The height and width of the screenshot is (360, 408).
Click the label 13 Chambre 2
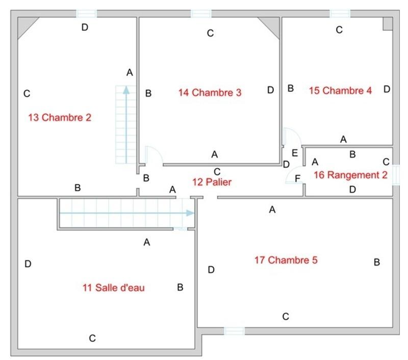pyautogui.click(x=60, y=118)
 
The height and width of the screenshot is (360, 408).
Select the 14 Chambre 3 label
pyautogui.click(x=210, y=92)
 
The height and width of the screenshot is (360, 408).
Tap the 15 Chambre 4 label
pyautogui.click(x=340, y=90)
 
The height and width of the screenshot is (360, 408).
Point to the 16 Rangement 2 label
pyautogui.click(x=350, y=175)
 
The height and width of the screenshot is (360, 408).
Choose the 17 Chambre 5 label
pyautogui.click(x=286, y=260)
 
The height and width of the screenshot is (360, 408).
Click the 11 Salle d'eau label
pyautogui.click(x=114, y=288)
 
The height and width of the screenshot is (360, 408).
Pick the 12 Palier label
pyautogui.click(x=212, y=182)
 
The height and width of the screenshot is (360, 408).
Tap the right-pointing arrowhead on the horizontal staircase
pyautogui.click(x=191, y=213)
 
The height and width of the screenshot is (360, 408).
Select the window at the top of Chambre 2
pyautogui.click(x=86, y=14)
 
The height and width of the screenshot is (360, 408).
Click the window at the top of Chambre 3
pyautogui.click(x=201, y=14)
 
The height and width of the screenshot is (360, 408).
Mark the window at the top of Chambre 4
pyautogui.click(x=340, y=14)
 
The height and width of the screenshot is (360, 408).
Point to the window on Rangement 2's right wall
pyautogui.click(x=396, y=173)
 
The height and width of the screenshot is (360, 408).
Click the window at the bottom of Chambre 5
pyautogui.click(x=235, y=331)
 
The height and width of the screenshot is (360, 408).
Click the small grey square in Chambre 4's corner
pyautogui.click(x=388, y=23)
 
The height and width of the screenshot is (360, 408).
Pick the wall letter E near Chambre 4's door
pyautogui.click(x=294, y=152)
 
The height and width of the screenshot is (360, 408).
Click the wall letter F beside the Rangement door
pyautogui.click(x=298, y=178)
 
